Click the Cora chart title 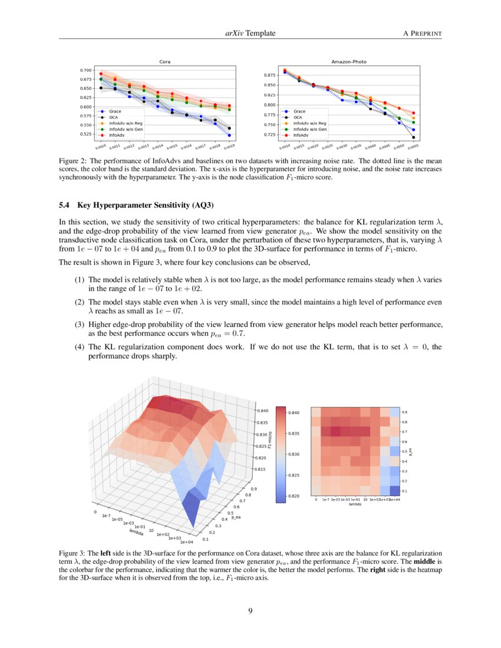[166, 61]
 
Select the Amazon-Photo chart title [349, 61]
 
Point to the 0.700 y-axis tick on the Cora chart [85, 70]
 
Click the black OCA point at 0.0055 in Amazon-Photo [414, 137]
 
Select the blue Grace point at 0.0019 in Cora [229, 134]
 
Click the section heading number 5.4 [65, 206]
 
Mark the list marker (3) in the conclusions [79, 325]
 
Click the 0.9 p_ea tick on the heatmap [404, 412]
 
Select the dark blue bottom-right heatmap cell [394, 490]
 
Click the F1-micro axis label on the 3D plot [269, 439]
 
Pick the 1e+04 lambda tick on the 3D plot [186, 541]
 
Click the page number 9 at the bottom [250, 611]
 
